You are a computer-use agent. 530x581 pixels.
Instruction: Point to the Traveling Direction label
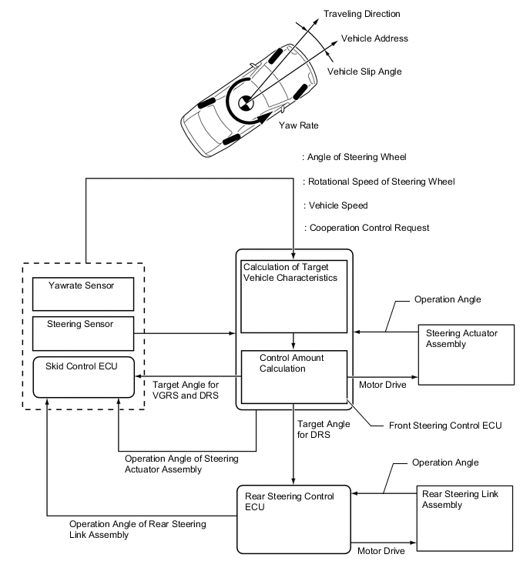coord(361,14)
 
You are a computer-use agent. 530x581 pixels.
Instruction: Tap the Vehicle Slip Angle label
coord(364,72)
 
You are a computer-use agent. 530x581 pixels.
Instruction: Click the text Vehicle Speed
coord(338,206)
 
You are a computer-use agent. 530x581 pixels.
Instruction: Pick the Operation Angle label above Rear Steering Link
coord(445,462)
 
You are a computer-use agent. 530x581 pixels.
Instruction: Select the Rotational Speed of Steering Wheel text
coord(381,182)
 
